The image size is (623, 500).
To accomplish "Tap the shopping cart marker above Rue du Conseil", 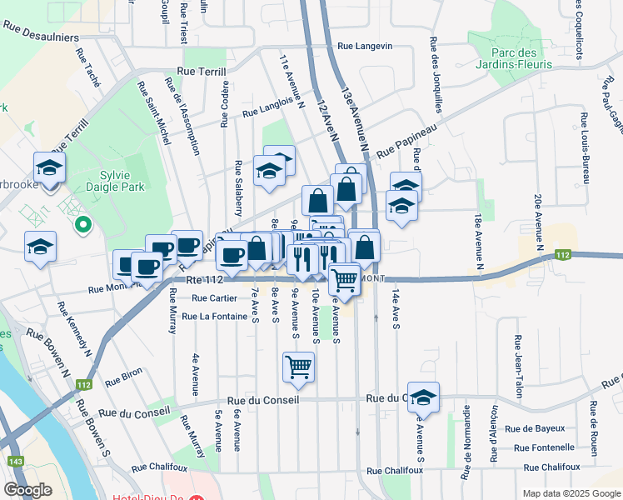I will [x=298, y=366].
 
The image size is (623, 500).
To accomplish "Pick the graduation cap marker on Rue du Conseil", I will [x=423, y=398].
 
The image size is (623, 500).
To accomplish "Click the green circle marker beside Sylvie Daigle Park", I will [x=82, y=223].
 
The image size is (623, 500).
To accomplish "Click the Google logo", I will [x=27, y=490].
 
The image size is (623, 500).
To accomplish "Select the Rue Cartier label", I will [x=214, y=297].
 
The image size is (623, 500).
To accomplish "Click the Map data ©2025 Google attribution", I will [x=570, y=492].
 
